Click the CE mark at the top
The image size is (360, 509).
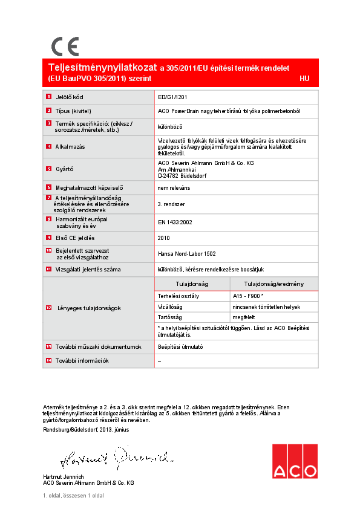click(64, 46)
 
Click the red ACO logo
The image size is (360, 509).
click(294, 462)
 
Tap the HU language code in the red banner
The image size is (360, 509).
click(304, 79)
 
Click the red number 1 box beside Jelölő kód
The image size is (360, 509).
click(49, 97)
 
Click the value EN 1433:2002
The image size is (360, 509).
click(175, 222)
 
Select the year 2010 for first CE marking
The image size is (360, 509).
click(164, 238)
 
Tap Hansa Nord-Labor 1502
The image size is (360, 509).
click(186, 254)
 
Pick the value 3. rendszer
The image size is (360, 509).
click(171, 205)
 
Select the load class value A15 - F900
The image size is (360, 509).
click(247, 296)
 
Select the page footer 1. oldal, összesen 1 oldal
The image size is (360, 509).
click(73, 495)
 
